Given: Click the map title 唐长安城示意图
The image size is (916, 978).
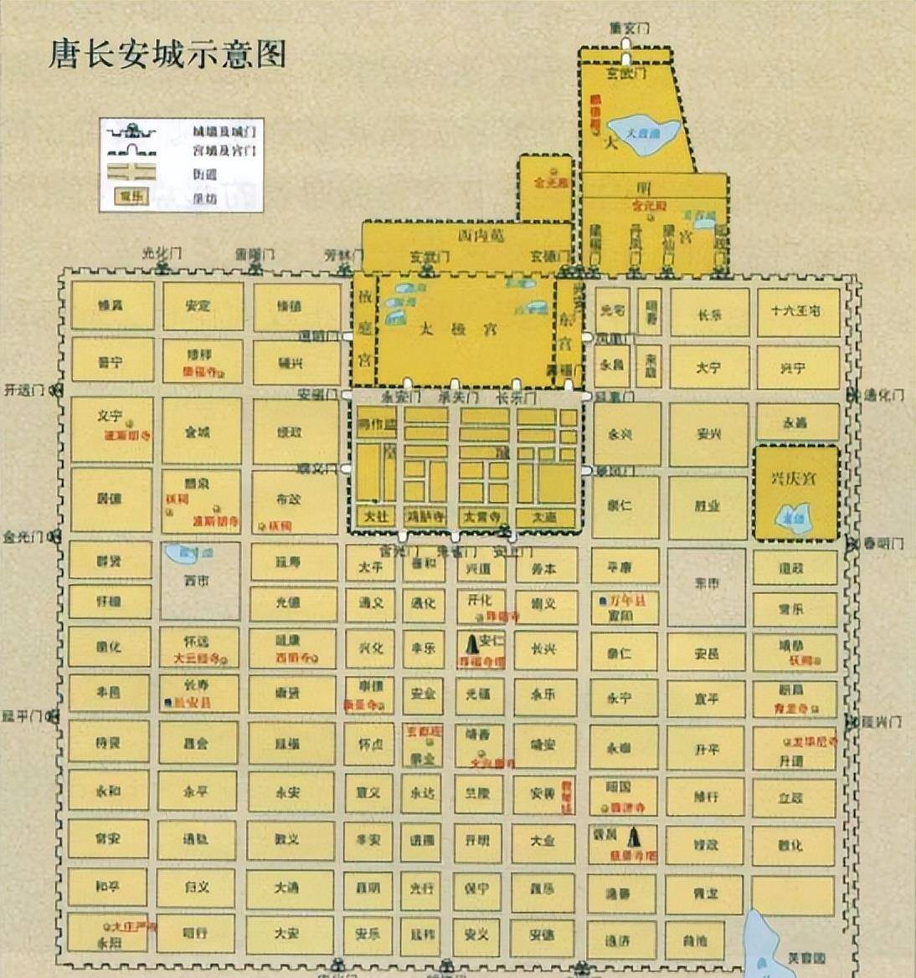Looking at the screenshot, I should coord(167,54).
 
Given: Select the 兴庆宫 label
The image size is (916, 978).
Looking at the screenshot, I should coord(793,479).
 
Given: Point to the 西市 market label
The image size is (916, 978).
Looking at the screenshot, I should coord(197,580).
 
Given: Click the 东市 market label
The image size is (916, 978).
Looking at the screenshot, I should coord(707,583).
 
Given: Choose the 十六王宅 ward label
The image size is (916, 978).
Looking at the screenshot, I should coord(795,310).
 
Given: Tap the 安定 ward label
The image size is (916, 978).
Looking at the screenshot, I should coord(198,306).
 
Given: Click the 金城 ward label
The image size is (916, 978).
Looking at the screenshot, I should coord(198,433).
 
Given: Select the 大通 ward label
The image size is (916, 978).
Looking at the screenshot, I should coord(287,887).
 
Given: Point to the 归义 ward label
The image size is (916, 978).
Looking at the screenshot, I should coord(197,887).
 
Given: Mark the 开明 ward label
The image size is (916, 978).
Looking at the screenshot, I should coord(477,839).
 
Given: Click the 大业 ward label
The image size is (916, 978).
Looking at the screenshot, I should coord(543,839).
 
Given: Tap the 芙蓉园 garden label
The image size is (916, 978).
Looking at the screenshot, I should coord(807,957).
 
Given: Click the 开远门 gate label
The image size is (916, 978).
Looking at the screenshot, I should coord(23,389).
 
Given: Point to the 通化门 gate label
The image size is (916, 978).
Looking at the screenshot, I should coord(883,395).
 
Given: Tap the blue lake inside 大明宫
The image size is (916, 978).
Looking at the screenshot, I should coord(643,132).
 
